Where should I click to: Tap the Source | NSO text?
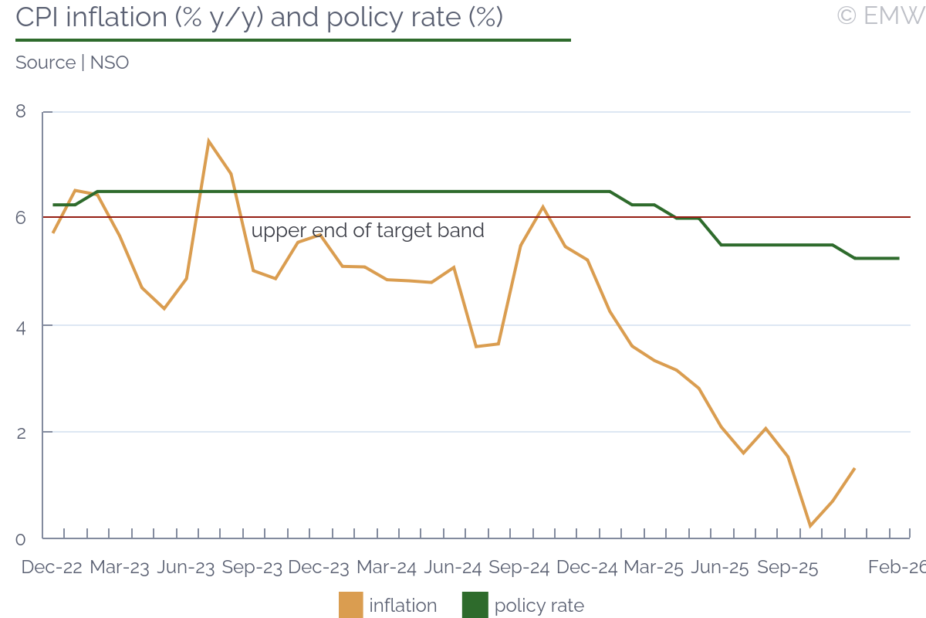pyautogui.click(x=72, y=63)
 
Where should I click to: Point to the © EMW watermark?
pyautogui.click(x=880, y=15)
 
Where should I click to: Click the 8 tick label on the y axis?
pyautogui.click(x=21, y=112)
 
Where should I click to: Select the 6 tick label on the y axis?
pyautogui.click(x=21, y=219)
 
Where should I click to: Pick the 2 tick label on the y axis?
pyautogui.click(x=21, y=433)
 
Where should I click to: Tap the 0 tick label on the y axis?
pyautogui.click(x=21, y=539)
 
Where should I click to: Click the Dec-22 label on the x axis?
pyautogui.click(x=52, y=568)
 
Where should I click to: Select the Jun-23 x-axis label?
pyautogui.click(x=185, y=568)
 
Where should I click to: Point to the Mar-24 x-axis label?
pyautogui.click(x=387, y=568)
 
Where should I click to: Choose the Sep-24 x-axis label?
pyautogui.click(x=519, y=568)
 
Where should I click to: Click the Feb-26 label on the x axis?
pyautogui.click(x=896, y=568)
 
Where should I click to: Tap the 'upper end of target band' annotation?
pyautogui.click(x=368, y=230)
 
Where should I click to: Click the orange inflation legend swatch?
pyautogui.click(x=350, y=605)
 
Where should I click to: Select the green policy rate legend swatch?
pyautogui.click(x=475, y=605)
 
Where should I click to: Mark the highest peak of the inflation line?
pyautogui.click(x=208, y=141)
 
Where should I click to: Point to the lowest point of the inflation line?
pyautogui.click(x=810, y=526)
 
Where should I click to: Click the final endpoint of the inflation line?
pyautogui.click(x=854, y=468)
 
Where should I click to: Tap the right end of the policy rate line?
pyautogui.click(x=899, y=258)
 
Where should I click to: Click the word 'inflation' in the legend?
pyautogui.click(x=403, y=606)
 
